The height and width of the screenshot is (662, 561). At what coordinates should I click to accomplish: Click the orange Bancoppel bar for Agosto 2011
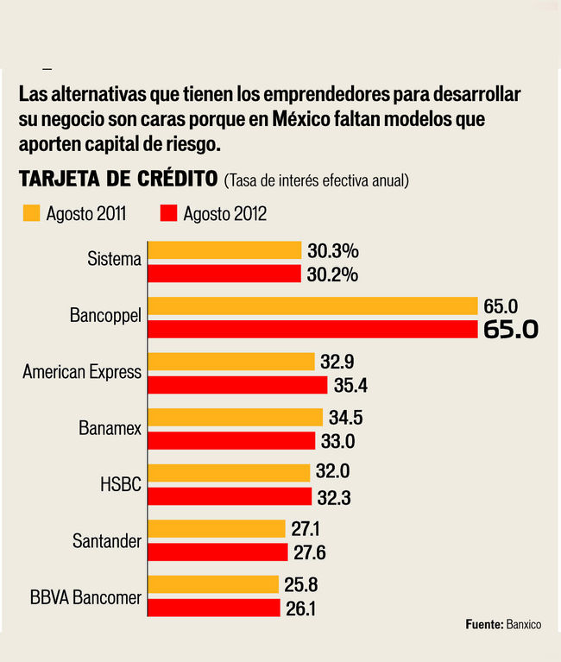click(x=313, y=306)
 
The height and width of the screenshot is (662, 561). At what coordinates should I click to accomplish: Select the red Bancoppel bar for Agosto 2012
click(x=313, y=329)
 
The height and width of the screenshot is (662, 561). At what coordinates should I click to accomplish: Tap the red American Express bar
click(x=239, y=385)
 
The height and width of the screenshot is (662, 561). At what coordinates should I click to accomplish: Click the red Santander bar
click(x=218, y=552)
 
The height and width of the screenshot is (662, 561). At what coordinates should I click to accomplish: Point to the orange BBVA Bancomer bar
click(x=215, y=584)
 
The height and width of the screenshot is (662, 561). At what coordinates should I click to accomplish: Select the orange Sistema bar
click(x=225, y=250)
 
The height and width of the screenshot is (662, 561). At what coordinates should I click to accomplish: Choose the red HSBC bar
click(x=230, y=496)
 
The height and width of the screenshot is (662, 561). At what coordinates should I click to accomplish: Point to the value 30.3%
click(x=332, y=251)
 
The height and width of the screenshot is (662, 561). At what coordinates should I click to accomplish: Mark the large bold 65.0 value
click(x=511, y=330)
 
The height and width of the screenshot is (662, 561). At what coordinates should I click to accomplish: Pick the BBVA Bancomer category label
click(x=85, y=596)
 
